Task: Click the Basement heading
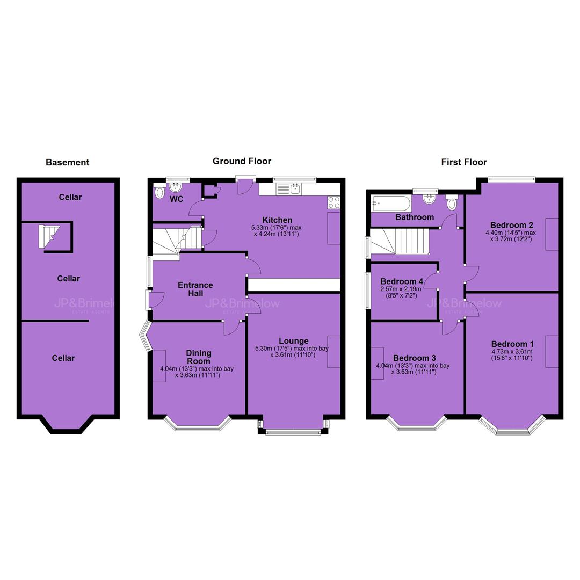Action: (x=67, y=162)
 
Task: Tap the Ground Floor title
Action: (x=242, y=161)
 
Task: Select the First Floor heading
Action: (x=464, y=162)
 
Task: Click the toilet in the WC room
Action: (x=160, y=192)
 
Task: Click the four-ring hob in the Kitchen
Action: (x=334, y=202)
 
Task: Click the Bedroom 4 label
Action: (x=402, y=281)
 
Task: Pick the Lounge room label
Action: (x=294, y=341)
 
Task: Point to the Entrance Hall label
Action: (x=195, y=289)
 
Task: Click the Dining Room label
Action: (x=199, y=357)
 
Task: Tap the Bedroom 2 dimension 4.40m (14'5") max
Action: (x=511, y=233)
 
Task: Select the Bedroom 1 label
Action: (x=512, y=344)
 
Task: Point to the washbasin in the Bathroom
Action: (x=429, y=199)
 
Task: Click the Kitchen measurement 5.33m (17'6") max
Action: (x=277, y=228)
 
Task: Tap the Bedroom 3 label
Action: (x=414, y=358)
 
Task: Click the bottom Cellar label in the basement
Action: (x=63, y=358)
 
